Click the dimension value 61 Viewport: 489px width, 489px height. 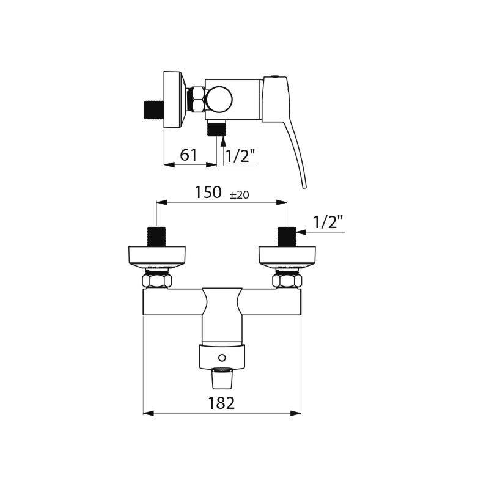point(188,155)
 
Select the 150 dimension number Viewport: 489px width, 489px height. point(208,192)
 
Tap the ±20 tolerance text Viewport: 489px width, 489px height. point(239,195)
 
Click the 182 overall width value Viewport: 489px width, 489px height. point(221,403)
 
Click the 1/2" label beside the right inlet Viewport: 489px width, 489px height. point(328,222)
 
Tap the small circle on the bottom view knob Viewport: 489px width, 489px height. point(222,358)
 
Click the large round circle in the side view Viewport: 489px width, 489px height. point(219,100)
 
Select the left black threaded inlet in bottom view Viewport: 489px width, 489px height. point(156,237)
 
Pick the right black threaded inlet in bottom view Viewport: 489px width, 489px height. point(287,237)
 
